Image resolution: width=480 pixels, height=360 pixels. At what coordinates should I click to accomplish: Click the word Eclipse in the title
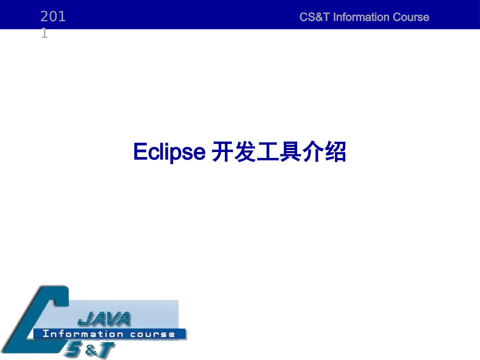[169, 152]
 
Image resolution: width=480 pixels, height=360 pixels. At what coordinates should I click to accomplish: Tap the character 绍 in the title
[335, 152]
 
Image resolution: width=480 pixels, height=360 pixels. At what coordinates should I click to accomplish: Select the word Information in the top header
[361, 17]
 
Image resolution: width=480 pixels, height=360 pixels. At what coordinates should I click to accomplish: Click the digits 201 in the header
[53, 17]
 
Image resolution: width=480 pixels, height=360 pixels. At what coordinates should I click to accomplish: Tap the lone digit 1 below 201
[44, 33]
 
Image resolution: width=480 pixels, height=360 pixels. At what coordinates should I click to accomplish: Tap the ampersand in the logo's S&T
[90, 348]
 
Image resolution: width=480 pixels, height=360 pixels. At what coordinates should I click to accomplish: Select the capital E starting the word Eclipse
[139, 152]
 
